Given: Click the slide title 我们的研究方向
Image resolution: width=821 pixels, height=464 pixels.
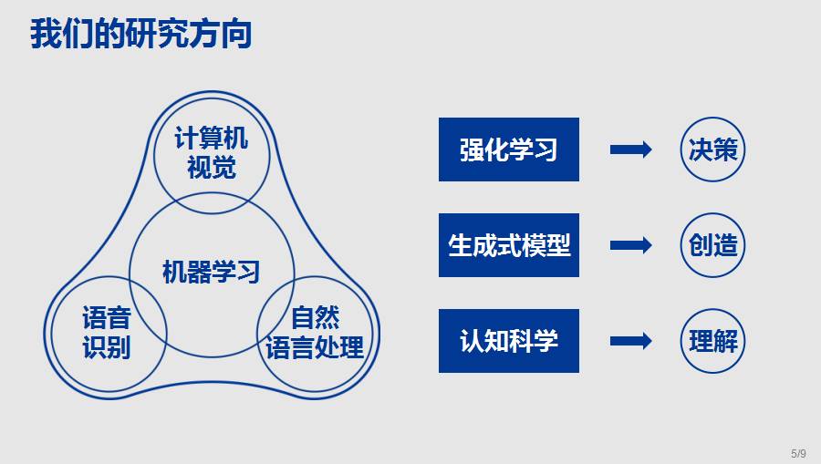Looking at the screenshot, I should tap(141, 34).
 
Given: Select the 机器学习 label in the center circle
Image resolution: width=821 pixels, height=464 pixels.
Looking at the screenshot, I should tap(211, 272).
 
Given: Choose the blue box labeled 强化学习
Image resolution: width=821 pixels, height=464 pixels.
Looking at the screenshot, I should tap(508, 150).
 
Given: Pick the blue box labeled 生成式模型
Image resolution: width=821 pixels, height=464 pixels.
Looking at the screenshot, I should tap(508, 245).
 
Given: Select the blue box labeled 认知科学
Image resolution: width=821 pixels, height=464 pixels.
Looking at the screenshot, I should tap(508, 341).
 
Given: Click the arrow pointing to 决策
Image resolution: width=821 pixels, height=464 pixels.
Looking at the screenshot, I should tap(630, 150).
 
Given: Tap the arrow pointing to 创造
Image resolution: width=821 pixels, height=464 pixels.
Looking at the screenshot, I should tap(630, 245).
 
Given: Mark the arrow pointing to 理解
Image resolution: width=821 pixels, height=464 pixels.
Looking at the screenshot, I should tap(630, 341).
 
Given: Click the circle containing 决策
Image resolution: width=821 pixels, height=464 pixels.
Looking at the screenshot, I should tap(712, 150).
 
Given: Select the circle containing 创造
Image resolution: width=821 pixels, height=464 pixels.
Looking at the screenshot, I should tap(712, 245).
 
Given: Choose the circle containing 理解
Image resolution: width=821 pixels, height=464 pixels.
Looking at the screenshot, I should tap(712, 341).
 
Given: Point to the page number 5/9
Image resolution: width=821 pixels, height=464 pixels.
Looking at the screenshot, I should tap(798, 453).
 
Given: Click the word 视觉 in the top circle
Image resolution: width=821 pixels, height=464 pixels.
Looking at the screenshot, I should tap(211, 168).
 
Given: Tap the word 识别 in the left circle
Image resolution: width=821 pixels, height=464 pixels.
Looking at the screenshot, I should tap(107, 347).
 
